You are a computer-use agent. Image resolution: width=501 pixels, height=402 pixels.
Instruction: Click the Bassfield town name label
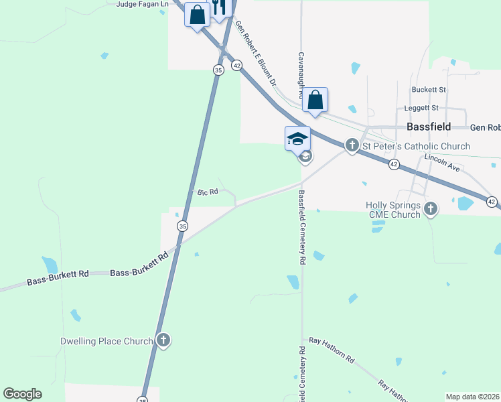coord(429,127)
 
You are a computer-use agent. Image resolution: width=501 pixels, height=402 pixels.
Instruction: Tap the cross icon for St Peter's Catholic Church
coord(352,145)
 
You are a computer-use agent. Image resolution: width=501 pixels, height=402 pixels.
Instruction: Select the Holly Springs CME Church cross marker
coord(431,210)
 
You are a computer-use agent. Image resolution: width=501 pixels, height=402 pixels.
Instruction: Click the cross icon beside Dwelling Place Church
coord(163,341)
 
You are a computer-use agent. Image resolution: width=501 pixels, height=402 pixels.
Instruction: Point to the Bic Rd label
coord(208,192)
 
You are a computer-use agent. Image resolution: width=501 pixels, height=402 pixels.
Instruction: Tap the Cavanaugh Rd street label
coord(301,75)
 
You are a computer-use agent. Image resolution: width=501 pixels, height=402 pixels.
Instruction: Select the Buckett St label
coord(429,89)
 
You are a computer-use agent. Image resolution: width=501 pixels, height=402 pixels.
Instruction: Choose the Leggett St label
coord(421,108)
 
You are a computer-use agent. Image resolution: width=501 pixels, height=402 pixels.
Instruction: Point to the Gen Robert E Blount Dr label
coord(255,55)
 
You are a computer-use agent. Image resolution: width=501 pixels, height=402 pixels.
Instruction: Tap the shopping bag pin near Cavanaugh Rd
coord(315,100)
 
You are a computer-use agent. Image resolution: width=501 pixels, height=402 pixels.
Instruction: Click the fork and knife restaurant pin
coord(219,8)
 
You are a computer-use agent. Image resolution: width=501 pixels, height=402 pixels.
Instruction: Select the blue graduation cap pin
coord(297,139)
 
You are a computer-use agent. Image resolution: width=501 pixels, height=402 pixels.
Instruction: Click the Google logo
coord(22,394)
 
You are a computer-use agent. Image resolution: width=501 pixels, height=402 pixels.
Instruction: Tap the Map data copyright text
coord(473,397)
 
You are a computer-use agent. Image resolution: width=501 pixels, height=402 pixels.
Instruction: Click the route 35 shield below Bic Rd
coord(182,226)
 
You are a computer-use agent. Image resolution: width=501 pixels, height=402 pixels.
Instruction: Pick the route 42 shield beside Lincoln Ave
coord(394,165)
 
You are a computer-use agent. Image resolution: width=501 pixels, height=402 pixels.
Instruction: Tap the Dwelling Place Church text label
coord(107,341)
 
